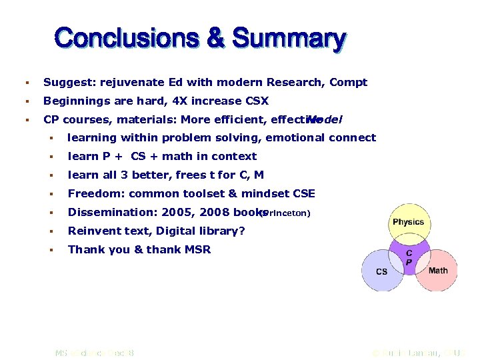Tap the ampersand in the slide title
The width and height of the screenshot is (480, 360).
click(215, 38)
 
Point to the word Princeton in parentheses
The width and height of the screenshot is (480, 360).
click(285, 213)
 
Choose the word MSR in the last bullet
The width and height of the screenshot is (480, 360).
click(197, 250)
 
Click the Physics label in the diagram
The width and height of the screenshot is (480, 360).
click(408, 222)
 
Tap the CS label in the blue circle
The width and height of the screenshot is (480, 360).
click(381, 271)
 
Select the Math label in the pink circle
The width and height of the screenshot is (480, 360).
click(438, 270)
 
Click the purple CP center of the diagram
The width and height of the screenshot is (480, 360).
click(408, 258)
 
